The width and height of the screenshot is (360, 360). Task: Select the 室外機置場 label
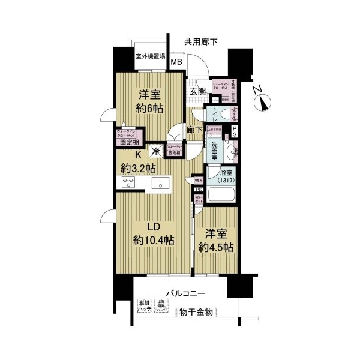[x=150, y=56]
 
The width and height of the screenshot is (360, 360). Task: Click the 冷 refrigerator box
[x=156, y=152]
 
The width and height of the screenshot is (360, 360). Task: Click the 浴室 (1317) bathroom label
[x=226, y=178]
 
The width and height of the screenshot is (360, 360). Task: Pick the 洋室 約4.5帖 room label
[x=215, y=240]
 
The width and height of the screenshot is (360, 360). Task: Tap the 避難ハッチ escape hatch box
[x=144, y=306]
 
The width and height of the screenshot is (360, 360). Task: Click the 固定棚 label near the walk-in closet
[x=128, y=142]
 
